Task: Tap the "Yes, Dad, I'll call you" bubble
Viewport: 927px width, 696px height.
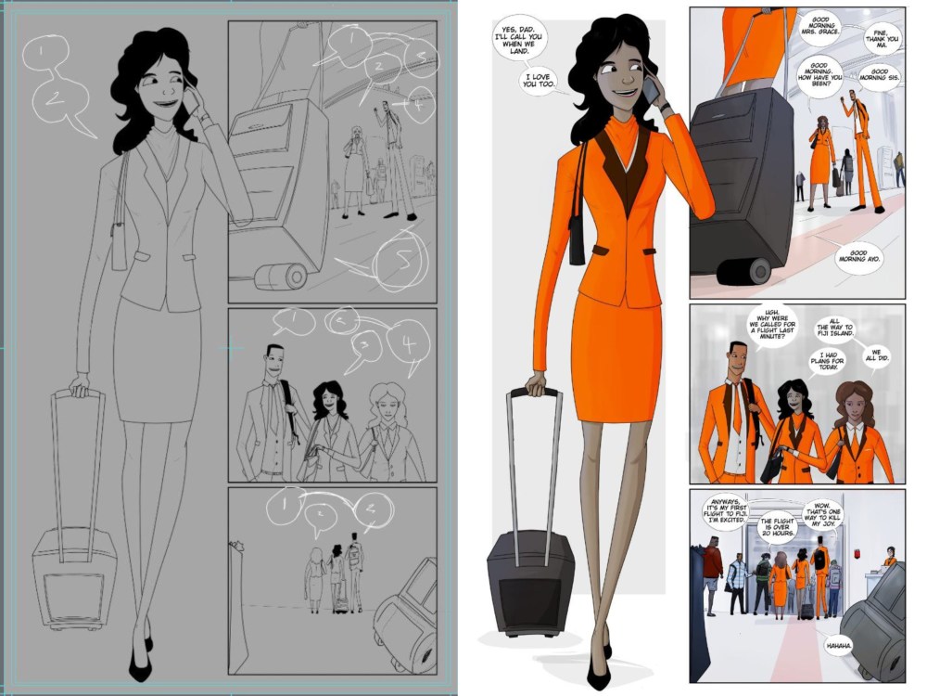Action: click(517, 40)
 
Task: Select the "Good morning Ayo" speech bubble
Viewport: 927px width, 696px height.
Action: click(857, 256)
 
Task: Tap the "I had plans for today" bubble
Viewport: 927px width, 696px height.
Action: click(829, 362)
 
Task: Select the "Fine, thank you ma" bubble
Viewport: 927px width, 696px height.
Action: click(880, 37)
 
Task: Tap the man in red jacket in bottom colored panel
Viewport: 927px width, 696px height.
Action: click(711, 566)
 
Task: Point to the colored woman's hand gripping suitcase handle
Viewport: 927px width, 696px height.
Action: click(537, 383)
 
